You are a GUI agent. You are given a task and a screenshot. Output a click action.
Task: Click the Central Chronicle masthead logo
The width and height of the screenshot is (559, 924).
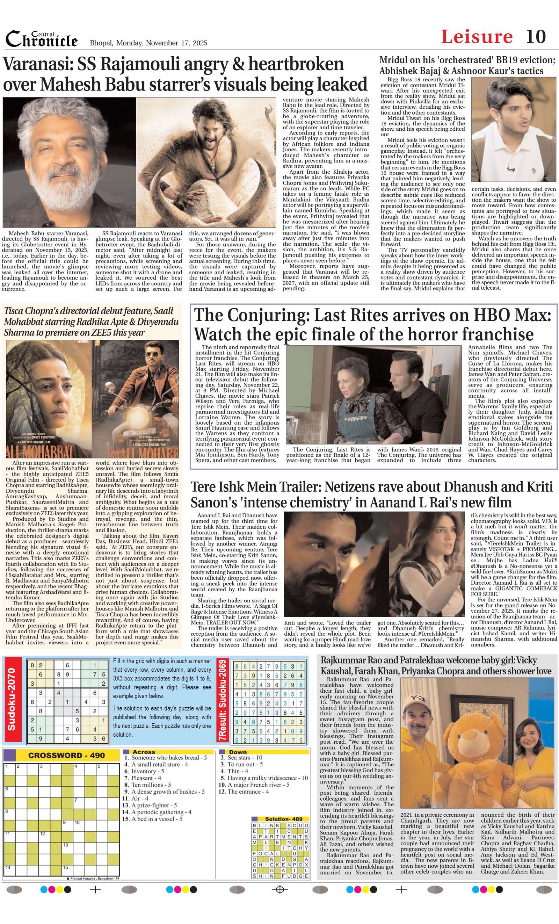coord(42,39)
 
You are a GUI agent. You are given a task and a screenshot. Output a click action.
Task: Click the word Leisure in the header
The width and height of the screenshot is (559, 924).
coord(477,37)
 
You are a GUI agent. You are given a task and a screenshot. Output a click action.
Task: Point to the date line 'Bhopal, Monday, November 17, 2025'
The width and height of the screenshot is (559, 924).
coord(148,43)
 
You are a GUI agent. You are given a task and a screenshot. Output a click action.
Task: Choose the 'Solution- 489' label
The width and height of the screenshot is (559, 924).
coord(281,818)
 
